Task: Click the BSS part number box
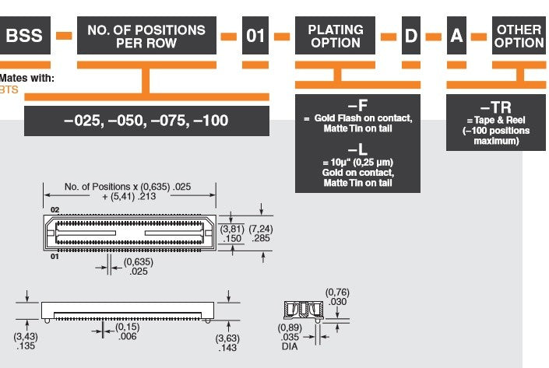click(25, 35)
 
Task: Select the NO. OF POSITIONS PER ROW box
click(146, 35)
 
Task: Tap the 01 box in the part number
click(255, 35)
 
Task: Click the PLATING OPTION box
click(335, 35)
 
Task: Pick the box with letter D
click(411, 35)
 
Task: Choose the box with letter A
click(456, 35)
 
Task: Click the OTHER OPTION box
click(519, 35)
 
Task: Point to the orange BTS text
click(9, 90)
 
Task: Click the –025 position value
click(84, 121)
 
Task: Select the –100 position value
click(211, 121)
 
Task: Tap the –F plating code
click(358, 105)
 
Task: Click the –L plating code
click(358, 149)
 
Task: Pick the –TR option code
click(496, 107)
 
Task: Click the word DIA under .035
click(290, 346)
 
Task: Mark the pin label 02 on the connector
click(55, 210)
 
